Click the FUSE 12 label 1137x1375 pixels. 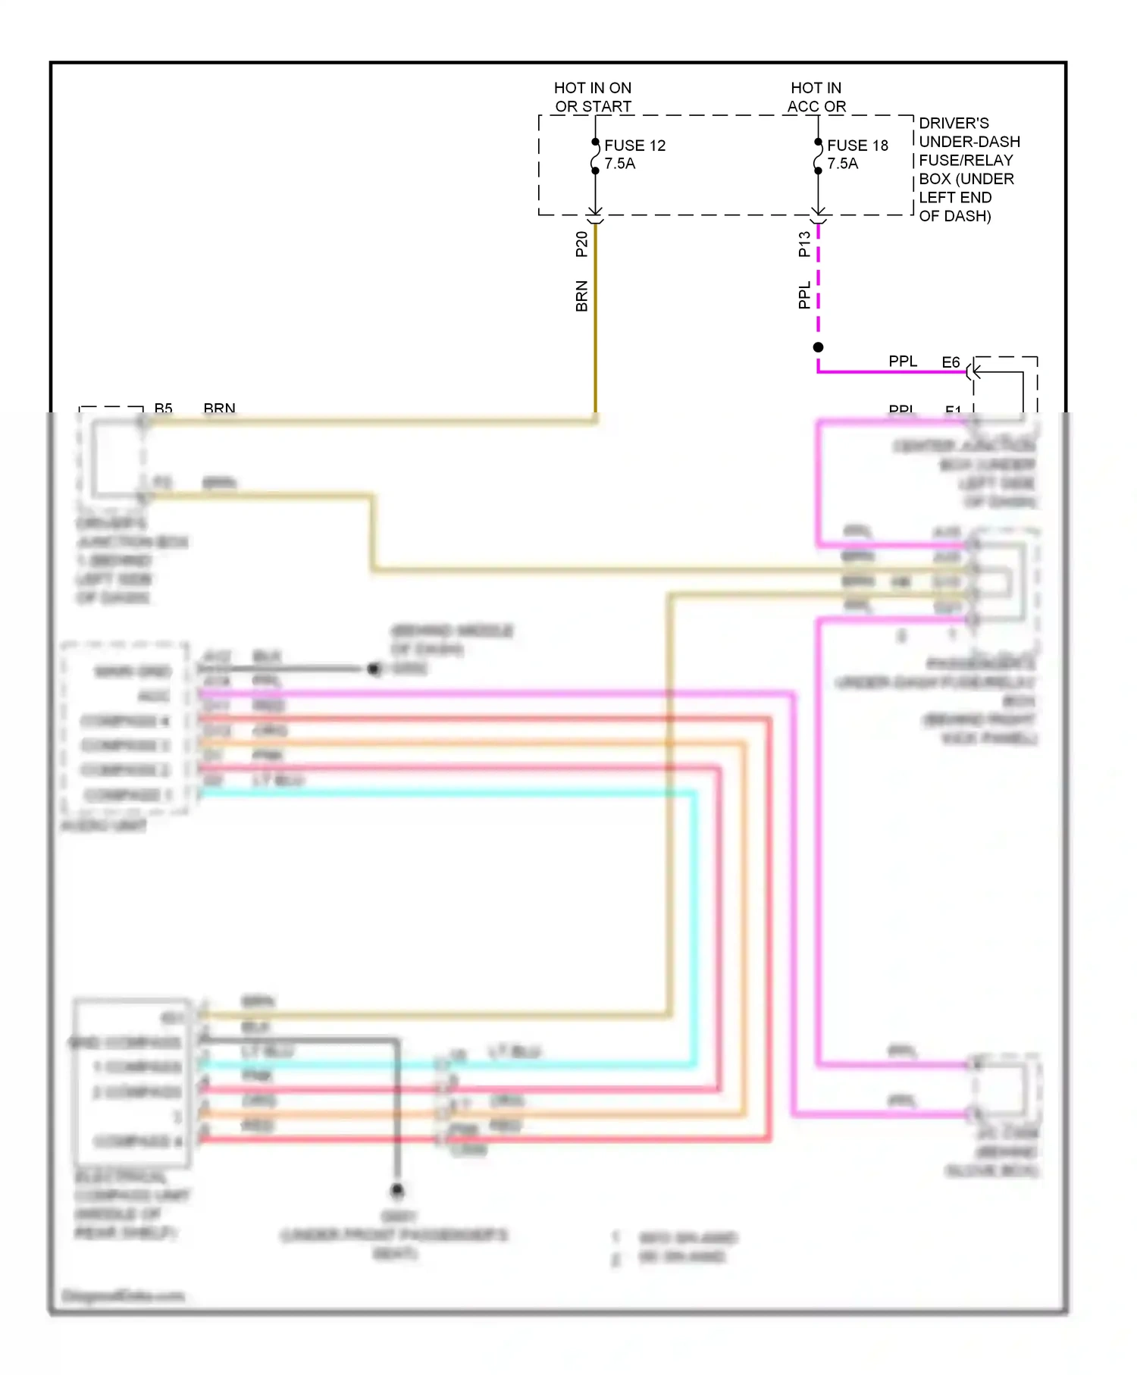(634, 145)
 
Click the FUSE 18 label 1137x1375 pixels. (857, 145)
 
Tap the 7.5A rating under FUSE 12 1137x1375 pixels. (619, 164)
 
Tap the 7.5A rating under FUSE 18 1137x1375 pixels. (842, 164)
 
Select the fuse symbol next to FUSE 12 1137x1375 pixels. (595, 156)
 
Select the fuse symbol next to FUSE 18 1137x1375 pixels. (818, 156)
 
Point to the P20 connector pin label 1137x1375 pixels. (581, 244)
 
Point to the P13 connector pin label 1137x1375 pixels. (804, 244)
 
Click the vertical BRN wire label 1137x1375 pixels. (581, 296)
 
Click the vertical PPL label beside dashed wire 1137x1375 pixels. (804, 295)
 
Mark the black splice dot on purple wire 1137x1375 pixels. (818, 347)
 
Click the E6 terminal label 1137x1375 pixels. (951, 362)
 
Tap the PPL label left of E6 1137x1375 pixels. (903, 362)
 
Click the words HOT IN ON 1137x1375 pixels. (592, 88)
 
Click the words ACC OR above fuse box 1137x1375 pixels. (816, 107)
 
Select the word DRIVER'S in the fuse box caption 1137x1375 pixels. (954, 124)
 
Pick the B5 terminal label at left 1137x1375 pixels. (163, 409)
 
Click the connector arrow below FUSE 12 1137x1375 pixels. (595, 213)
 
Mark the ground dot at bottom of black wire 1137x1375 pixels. (396, 1190)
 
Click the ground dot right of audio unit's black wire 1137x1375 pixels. (373, 669)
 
